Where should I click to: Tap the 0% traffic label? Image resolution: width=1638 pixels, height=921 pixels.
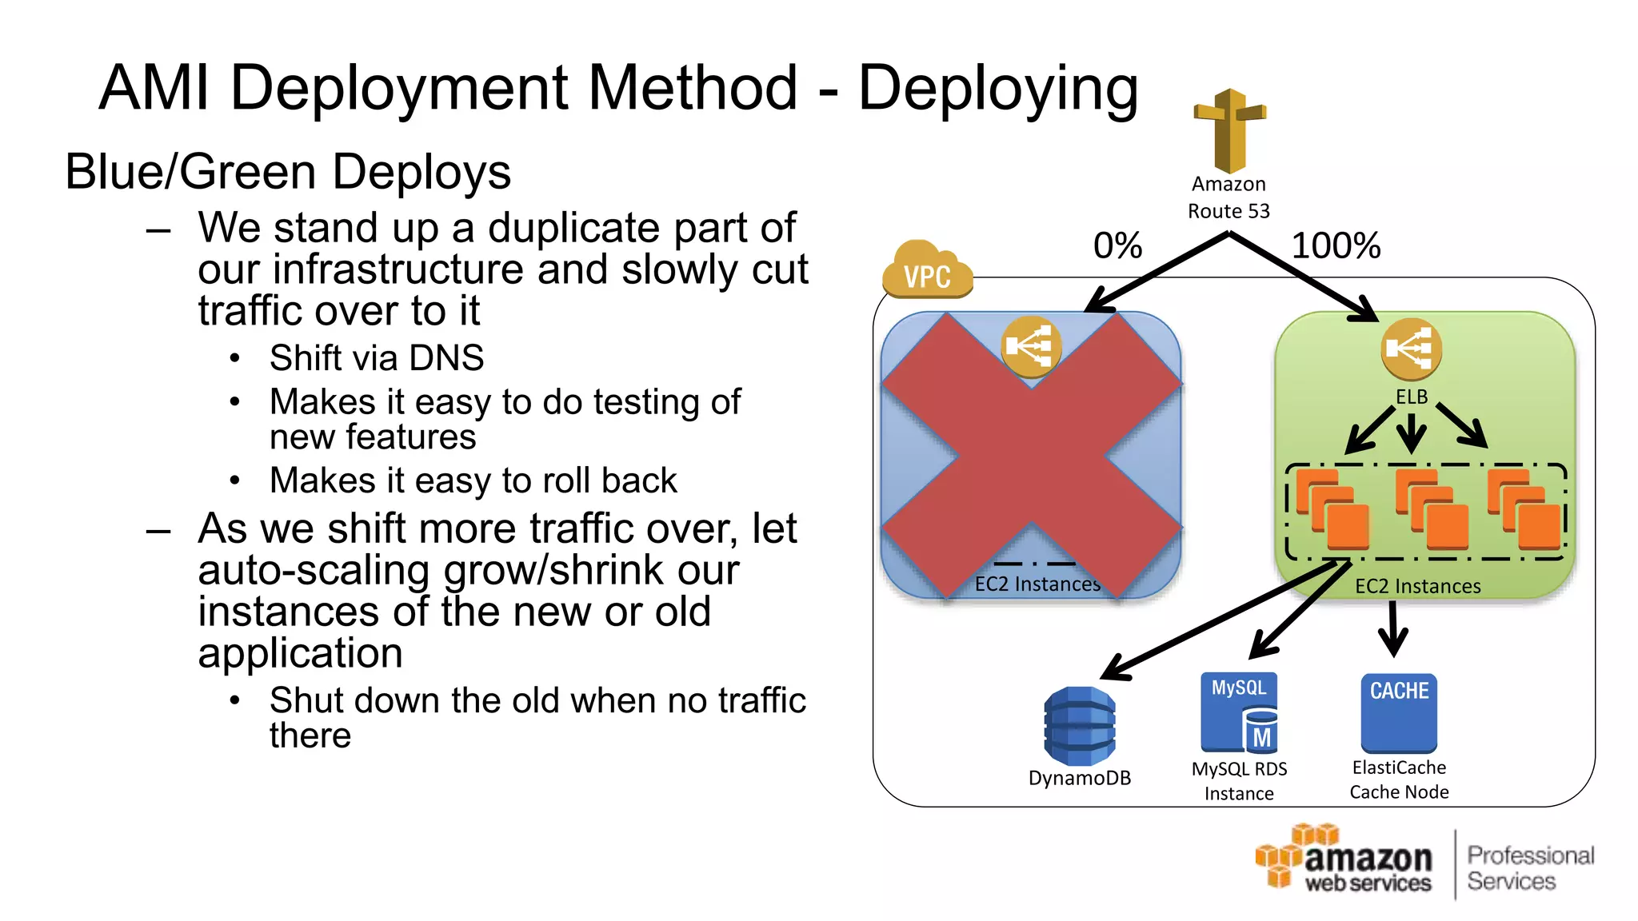tap(1117, 245)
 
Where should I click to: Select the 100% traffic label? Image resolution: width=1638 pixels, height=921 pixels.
tap(1336, 245)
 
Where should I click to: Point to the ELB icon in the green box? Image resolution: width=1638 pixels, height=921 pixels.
tap(1411, 349)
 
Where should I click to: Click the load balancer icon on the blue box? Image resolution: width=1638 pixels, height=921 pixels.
tap(1031, 347)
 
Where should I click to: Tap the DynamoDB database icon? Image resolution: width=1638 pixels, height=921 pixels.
tap(1079, 726)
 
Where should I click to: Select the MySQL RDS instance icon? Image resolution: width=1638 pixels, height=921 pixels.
tap(1239, 712)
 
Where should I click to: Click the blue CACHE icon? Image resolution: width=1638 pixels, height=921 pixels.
tap(1399, 712)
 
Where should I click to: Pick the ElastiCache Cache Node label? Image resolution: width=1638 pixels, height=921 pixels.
tap(1399, 779)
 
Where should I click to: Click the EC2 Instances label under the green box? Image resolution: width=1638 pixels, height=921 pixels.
tap(1417, 586)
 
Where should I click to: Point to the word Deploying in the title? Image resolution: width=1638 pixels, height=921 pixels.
tap(998, 88)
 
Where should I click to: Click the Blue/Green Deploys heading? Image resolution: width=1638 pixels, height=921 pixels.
tap(288, 172)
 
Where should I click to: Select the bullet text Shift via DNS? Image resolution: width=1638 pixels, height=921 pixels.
tap(377, 357)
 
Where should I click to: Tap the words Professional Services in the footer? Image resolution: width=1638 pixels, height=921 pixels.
tap(1530, 868)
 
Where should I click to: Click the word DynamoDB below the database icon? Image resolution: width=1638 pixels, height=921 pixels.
tap(1079, 778)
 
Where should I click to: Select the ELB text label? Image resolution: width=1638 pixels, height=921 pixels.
tap(1412, 397)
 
